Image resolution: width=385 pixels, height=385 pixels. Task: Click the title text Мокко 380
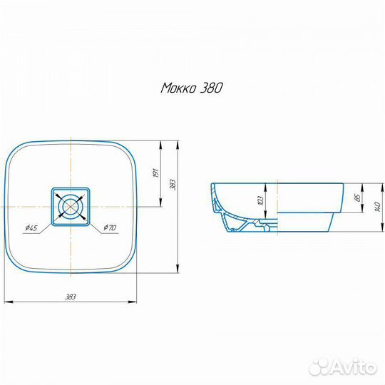192,88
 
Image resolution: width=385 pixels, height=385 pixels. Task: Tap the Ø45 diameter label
31,228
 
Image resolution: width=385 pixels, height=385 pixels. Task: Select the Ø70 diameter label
110,227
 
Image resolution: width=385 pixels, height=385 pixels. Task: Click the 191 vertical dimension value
156,173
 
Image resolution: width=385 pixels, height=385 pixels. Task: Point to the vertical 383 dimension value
173,185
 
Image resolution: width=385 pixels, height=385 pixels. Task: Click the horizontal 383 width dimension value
70,297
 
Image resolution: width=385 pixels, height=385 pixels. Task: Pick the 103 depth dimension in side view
261,200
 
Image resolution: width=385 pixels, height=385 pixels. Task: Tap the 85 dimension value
358,197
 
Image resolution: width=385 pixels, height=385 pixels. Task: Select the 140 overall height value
378,207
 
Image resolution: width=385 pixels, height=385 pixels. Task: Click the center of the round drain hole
71,206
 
